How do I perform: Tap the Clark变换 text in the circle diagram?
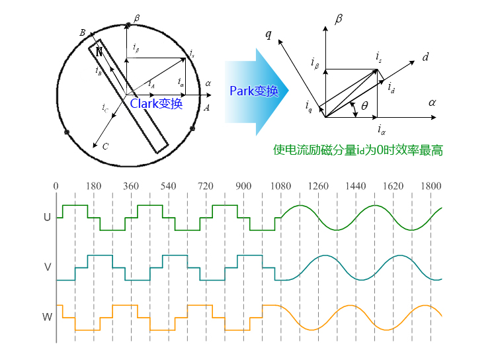pos(156,103)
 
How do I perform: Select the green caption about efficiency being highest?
pos(358,150)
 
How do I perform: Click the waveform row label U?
pos(47,216)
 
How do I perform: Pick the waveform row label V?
pos(47,267)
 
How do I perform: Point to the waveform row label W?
pos(47,317)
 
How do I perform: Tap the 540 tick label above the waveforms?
pos(168,187)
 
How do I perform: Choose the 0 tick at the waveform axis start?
pos(56,187)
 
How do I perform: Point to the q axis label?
pos(269,34)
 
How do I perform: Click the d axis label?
pos(426,58)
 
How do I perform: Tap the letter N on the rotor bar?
pos(99,50)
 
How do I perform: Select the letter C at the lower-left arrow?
pos(105,146)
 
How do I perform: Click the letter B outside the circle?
pos(82,32)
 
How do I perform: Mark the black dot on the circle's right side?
pos(192,128)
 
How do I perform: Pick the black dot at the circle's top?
pos(127,26)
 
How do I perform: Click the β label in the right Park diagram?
pos(339,19)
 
